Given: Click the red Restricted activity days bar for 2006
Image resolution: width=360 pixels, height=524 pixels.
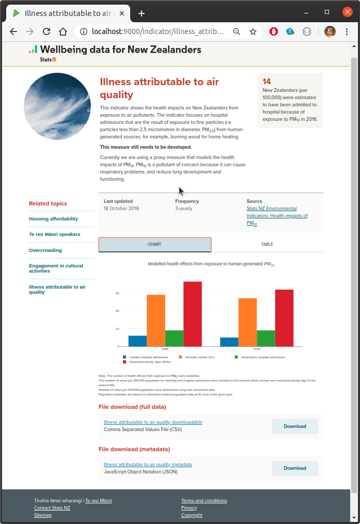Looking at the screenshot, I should click(x=193, y=314).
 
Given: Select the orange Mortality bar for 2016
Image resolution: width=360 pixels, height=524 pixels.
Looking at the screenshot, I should click(x=247, y=322).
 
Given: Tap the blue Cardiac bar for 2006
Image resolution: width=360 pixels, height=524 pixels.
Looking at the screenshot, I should click(x=137, y=341).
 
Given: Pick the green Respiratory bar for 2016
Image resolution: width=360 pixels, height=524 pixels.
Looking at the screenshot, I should click(x=265, y=338).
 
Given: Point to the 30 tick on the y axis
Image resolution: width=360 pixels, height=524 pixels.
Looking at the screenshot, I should click(x=117, y=293).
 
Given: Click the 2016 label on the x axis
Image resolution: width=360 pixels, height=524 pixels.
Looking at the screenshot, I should click(x=257, y=350).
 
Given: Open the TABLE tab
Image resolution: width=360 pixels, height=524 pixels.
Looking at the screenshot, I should click(x=267, y=244).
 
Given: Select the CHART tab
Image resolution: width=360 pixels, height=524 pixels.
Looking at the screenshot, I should click(x=154, y=245).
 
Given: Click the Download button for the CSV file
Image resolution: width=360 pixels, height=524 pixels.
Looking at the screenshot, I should click(x=294, y=426).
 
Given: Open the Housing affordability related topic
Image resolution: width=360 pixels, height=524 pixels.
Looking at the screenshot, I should click(x=54, y=219).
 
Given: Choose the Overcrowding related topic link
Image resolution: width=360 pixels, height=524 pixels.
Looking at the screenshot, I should click(x=45, y=250).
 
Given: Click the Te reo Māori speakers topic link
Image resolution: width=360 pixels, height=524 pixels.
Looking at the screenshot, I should click(x=55, y=234).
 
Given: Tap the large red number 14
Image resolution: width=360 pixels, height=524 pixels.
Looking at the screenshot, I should click(x=267, y=82).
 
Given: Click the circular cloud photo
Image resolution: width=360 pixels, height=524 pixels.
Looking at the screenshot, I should click(x=57, y=107).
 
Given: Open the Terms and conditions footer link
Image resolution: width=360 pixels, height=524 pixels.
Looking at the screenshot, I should click(x=204, y=501).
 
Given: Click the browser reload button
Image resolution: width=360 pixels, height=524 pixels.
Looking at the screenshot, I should click(x=46, y=31).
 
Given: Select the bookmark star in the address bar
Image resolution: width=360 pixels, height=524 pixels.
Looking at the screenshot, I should click(x=253, y=31).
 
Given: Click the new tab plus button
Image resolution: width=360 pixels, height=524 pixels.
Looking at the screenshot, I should click(x=142, y=13).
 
